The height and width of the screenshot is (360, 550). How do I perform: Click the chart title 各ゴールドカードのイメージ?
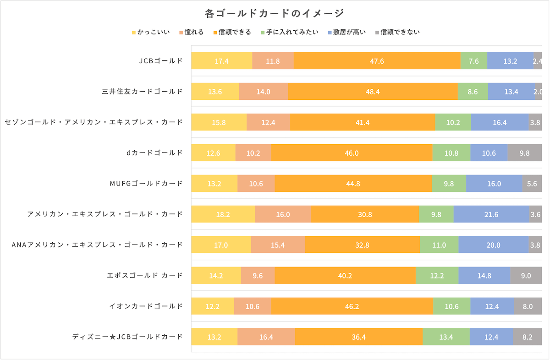tap(275, 13)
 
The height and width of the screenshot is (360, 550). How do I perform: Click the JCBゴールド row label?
tap(161, 61)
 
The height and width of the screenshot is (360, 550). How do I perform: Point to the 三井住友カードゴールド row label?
tap(142, 92)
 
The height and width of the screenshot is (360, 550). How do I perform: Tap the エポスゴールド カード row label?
tap(144, 275)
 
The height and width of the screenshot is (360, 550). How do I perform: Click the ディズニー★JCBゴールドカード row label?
tap(127, 337)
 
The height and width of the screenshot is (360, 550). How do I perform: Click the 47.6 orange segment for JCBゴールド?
tap(377, 61)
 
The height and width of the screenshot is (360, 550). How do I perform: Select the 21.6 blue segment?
tap(491, 214)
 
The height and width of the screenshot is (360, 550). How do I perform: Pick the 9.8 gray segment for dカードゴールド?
tap(525, 153)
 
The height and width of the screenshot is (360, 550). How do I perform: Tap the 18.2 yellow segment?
tap(223, 214)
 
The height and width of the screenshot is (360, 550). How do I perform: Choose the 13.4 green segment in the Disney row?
tap(446, 337)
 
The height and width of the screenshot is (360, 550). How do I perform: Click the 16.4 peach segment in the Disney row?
tap(266, 337)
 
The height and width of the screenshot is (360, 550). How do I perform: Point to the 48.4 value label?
tap(373, 92)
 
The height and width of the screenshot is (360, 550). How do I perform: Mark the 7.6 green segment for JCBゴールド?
tap(473, 61)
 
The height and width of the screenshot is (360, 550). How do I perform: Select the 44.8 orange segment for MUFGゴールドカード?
tap(353, 184)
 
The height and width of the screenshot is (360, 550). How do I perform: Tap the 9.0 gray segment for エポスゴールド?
tap(526, 275)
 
